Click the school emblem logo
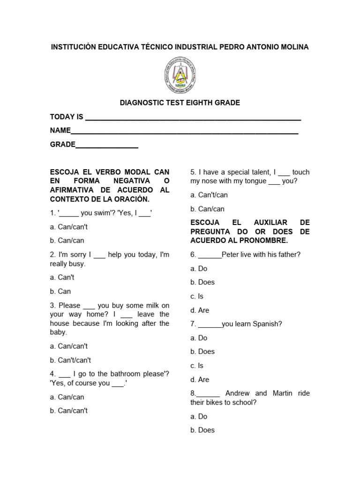(180, 75)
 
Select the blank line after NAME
(185, 131)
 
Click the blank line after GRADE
(107, 145)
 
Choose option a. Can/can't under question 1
(69, 227)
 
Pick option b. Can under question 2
(60, 291)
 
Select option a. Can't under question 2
(62, 277)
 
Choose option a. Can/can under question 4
(67, 397)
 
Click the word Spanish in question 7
(269, 324)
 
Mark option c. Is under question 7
(197, 366)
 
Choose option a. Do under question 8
(199, 416)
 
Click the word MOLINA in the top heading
(293, 47)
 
